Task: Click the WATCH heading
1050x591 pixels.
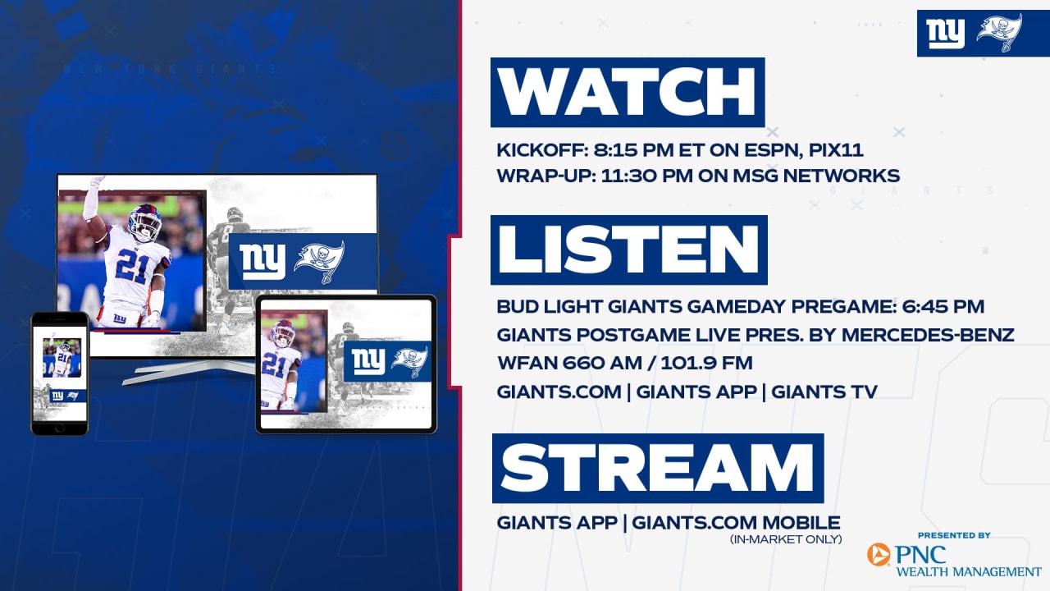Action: pyautogui.click(x=628, y=92)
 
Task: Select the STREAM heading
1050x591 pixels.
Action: pyautogui.click(x=658, y=468)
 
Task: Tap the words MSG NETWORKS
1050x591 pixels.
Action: pyautogui.click(x=816, y=176)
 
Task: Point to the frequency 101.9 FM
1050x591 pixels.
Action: pyautogui.click(x=706, y=363)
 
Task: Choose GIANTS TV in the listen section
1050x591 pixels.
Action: pyautogui.click(x=824, y=392)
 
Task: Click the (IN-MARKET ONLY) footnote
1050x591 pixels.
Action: pyautogui.click(x=786, y=539)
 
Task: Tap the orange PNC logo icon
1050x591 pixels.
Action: pyautogui.click(x=879, y=554)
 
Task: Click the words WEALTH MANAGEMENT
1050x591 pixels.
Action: pyautogui.click(x=969, y=572)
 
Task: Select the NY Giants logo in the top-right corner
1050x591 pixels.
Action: pyautogui.click(x=945, y=34)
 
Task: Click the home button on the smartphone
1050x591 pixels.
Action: pyautogui.click(x=60, y=428)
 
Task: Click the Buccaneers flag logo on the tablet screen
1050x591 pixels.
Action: pyautogui.click(x=410, y=361)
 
